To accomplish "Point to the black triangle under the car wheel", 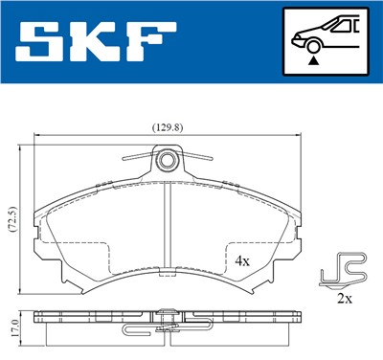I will (x=312, y=59).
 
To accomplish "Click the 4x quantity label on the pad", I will (x=242, y=260).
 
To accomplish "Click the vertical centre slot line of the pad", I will (x=169, y=230).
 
